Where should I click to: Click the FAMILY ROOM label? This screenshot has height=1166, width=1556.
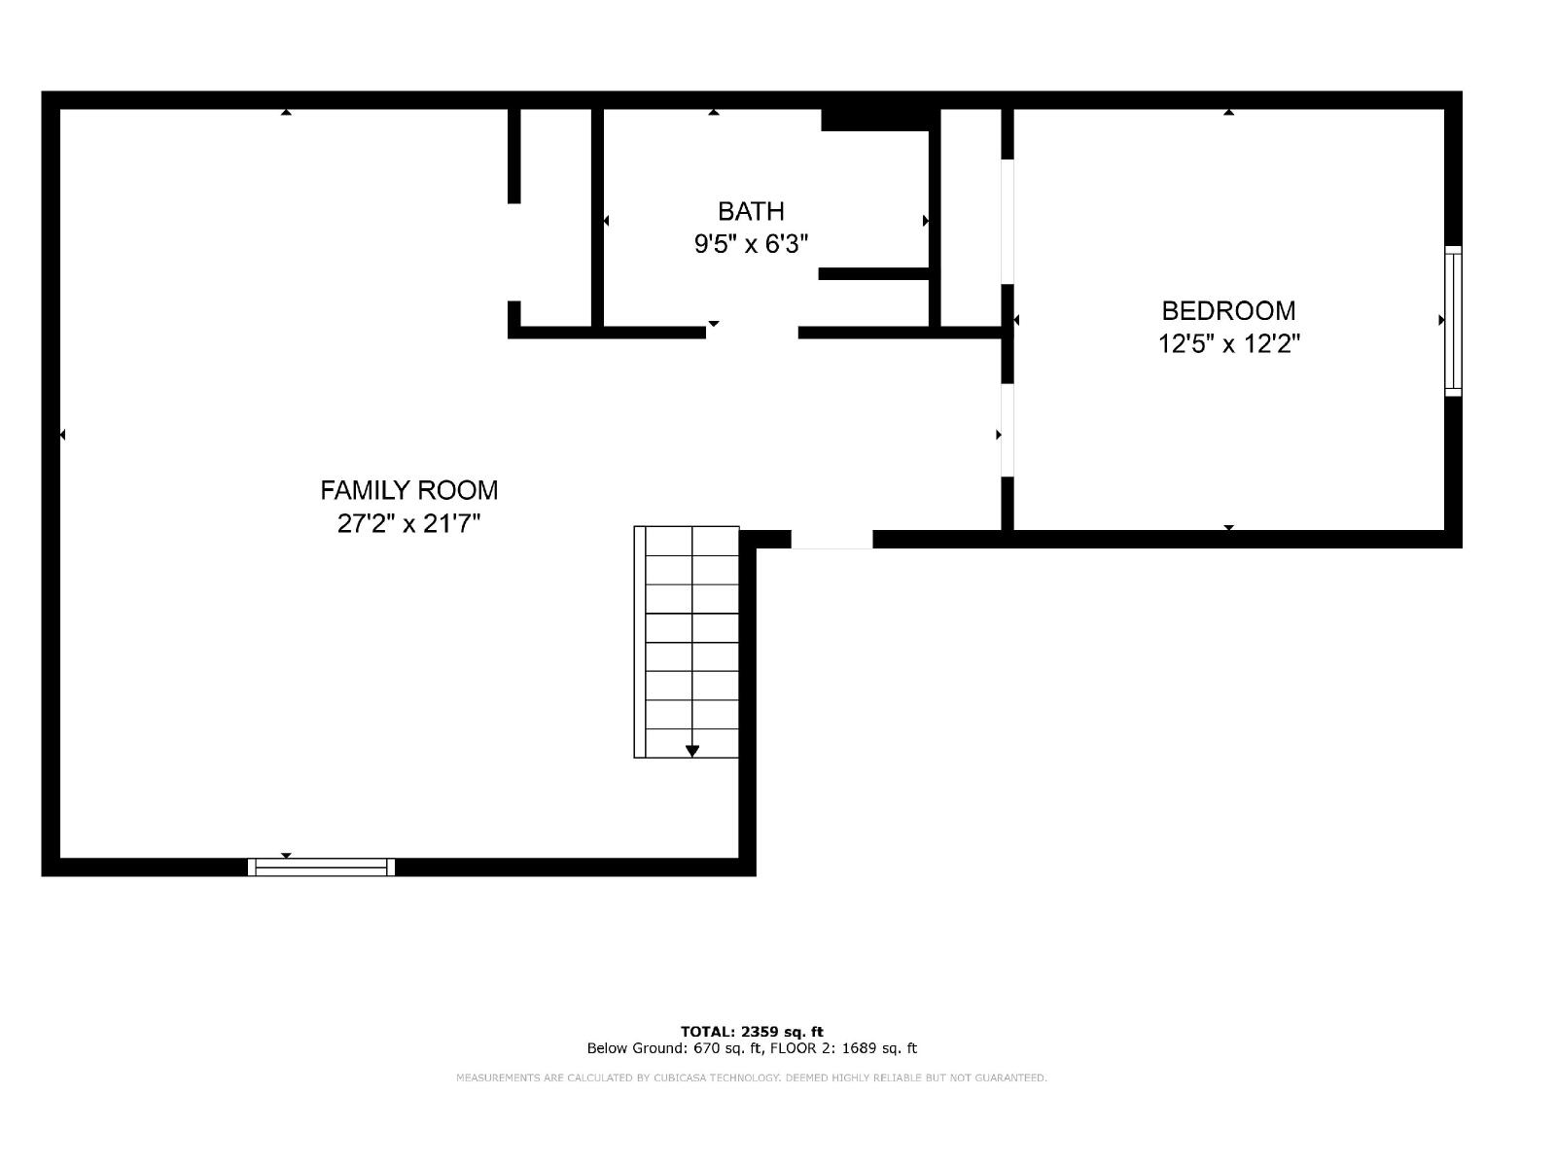[x=409, y=490]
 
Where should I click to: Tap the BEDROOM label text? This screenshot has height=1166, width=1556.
[x=1228, y=310]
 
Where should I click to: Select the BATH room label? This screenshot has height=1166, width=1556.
[x=751, y=211]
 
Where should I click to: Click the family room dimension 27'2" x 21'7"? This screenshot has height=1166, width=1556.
[x=409, y=524]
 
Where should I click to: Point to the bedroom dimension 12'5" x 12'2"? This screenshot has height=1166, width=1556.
[x=1228, y=344]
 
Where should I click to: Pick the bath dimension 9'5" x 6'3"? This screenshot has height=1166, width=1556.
[x=751, y=244]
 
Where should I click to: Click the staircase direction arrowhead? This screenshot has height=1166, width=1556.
[x=691, y=752]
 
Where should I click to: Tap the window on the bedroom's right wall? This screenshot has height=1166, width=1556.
[x=1453, y=321]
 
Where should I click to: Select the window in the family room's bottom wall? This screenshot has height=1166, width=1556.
[x=321, y=866]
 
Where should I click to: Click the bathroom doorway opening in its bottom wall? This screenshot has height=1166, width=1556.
[x=752, y=333]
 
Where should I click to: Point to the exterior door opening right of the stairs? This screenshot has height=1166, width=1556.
[x=831, y=540]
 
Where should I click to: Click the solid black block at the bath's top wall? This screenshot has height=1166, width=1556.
[x=875, y=120]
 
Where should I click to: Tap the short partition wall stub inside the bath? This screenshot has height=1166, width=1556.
[x=873, y=273]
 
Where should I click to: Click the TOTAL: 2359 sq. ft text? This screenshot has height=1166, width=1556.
[x=752, y=1032]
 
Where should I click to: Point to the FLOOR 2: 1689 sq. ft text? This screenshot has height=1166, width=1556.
[x=843, y=1048]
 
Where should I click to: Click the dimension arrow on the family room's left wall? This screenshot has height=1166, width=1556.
[x=63, y=435]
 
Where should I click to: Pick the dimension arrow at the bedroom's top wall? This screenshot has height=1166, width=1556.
[x=1228, y=112]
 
